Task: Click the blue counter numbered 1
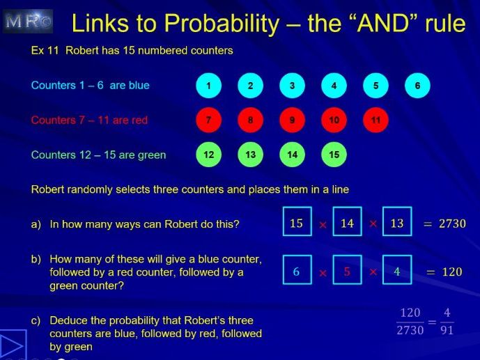208,86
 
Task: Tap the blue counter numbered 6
417,86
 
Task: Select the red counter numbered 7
208,120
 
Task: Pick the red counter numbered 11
376,120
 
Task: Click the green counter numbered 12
208,155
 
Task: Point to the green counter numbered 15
334,155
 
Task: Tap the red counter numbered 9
292,120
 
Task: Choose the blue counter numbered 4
334,86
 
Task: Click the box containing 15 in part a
297,223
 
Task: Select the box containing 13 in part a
396,223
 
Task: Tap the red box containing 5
347,271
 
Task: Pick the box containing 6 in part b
297,271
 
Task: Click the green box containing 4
396,271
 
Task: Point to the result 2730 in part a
451,224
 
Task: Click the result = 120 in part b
444,272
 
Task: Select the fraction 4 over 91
447,321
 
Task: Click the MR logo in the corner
28,22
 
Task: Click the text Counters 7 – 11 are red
89,120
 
